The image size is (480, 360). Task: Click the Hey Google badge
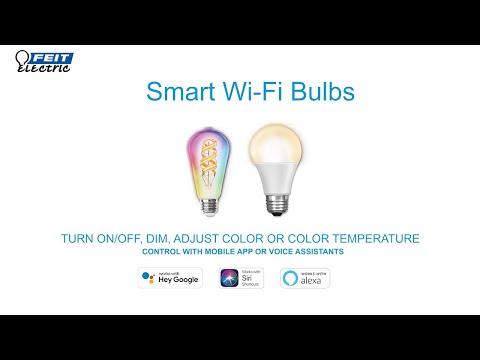169,277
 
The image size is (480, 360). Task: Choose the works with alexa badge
305,277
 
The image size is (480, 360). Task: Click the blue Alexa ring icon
291,277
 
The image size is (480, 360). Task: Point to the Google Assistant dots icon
149,277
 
